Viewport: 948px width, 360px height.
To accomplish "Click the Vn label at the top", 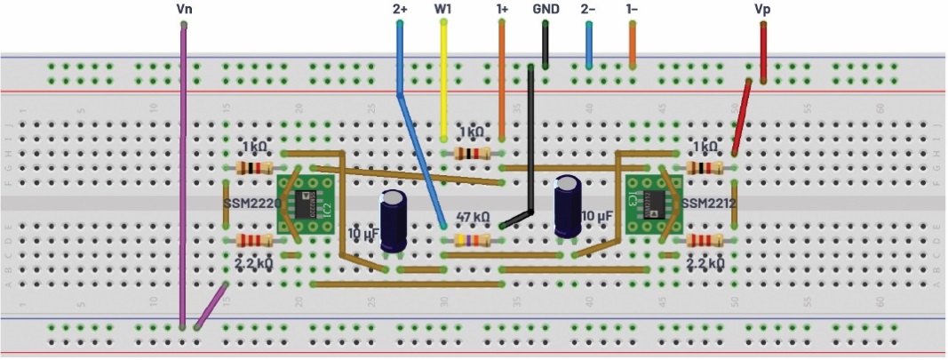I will click(x=184, y=8).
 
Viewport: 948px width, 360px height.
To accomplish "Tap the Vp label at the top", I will click(x=762, y=8).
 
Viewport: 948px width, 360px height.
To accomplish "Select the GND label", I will click(x=546, y=8).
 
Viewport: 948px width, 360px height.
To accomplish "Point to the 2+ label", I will click(x=400, y=8).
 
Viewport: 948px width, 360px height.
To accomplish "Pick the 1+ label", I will click(x=503, y=8).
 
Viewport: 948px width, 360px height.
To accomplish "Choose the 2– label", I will click(x=588, y=8).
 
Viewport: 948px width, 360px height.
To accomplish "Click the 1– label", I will click(x=632, y=8).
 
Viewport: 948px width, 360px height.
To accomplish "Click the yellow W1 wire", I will click(x=443, y=80).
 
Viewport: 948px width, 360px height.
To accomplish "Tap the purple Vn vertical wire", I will click(x=183, y=178).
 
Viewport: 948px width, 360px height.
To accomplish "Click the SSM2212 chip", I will click(x=645, y=204).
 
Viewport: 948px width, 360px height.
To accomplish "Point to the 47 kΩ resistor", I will click(x=473, y=240).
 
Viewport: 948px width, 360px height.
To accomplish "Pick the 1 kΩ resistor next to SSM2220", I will click(x=255, y=168).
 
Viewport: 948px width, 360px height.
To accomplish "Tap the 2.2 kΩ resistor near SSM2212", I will click(x=704, y=240).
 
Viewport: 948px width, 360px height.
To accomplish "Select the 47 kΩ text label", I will click(x=473, y=216).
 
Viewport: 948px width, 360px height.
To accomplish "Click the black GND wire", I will click(x=530, y=142).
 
